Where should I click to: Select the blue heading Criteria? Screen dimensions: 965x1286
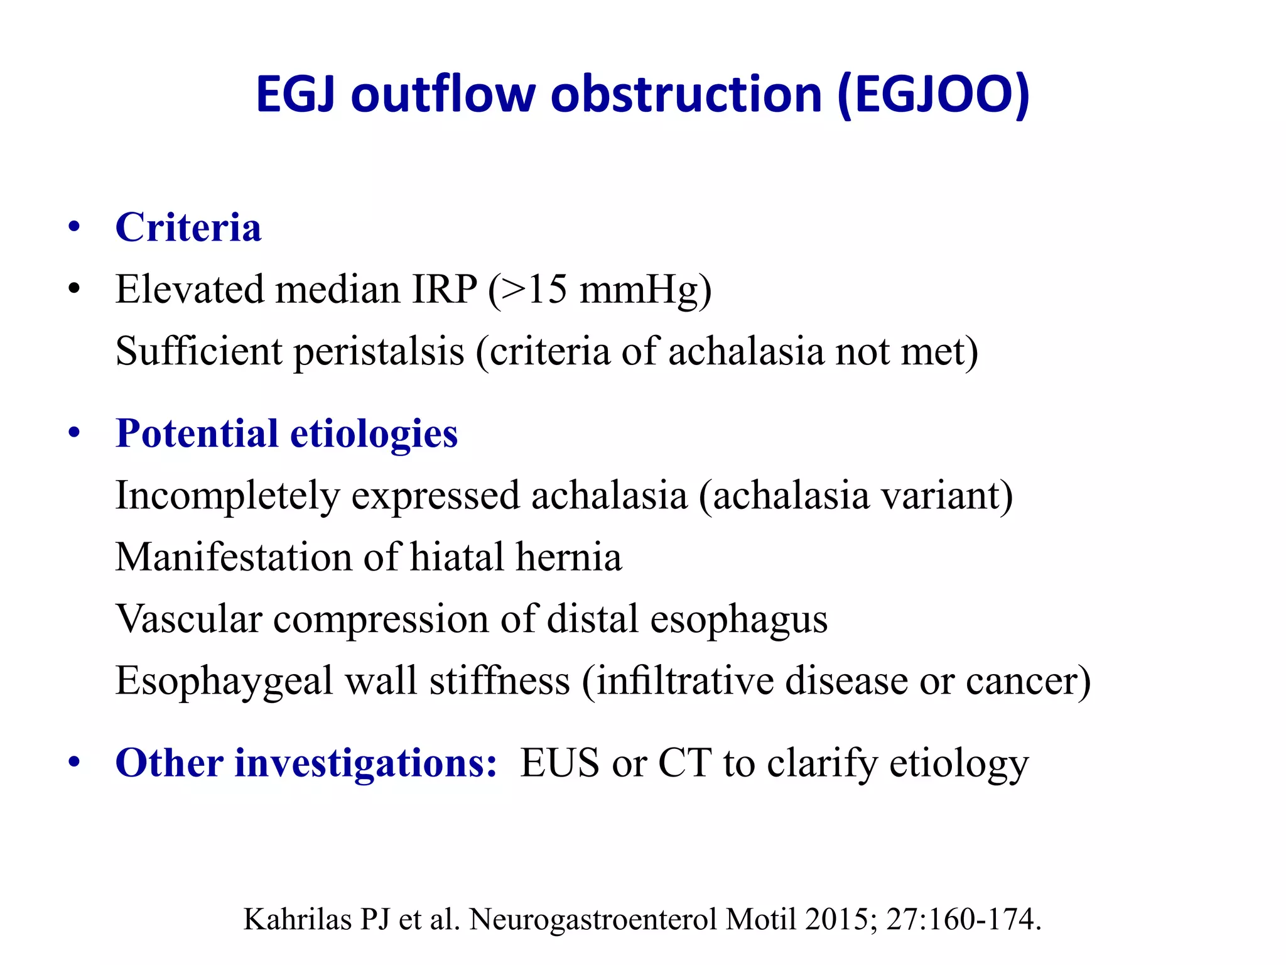pyautogui.click(x=188, y=227)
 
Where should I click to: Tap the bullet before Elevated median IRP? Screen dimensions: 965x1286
pyautogui.click(x=75, y=290)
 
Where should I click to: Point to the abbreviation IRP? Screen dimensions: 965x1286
pyautogui.click(x=445, y=290)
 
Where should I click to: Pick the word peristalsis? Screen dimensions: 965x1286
pyautogui.click(x=379, y=351)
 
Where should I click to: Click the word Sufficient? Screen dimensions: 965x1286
pyautogui.click(x=198, y=351)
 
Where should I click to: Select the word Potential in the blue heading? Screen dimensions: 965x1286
pyautogui.click(x=197, y=434)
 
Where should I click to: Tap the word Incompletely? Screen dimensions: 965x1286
pyautogui.click(x=227, y=496)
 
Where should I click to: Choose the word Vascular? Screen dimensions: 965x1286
pyautogui.click(x=188, y=619)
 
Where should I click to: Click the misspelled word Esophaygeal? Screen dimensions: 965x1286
pyautogui.click(x=224, y=680)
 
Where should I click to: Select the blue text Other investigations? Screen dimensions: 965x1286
pyautogui.click(x=306, y=763)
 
